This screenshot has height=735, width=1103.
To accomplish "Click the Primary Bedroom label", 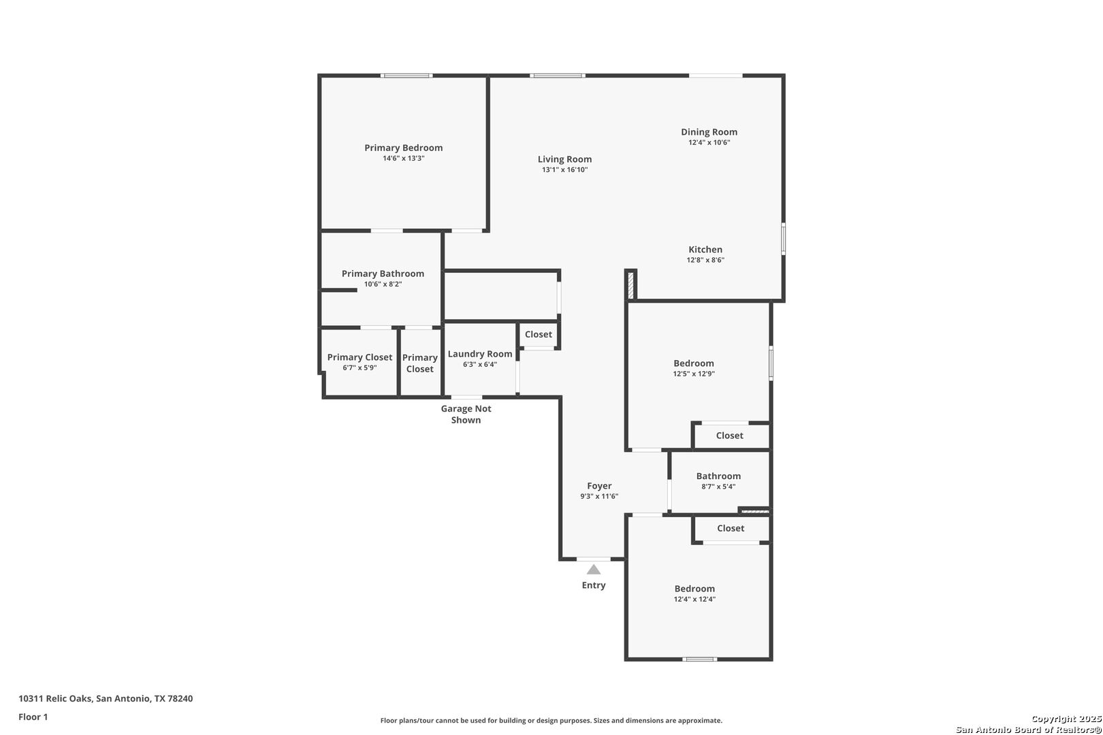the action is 403,148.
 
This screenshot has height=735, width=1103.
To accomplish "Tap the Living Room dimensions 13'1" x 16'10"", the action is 565,170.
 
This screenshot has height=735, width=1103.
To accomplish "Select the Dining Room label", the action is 709,132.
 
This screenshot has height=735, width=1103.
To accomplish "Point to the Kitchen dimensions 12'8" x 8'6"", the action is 705,260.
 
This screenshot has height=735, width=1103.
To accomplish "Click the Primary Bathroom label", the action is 383,274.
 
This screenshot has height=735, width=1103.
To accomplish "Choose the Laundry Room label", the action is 479,354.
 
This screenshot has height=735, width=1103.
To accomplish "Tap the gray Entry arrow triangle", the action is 593,570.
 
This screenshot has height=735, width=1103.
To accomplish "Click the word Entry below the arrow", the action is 593,585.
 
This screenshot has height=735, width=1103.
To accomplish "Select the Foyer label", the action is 599,486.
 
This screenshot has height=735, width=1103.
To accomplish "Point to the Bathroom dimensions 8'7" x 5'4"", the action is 718,487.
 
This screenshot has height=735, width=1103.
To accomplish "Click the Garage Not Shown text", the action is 466,414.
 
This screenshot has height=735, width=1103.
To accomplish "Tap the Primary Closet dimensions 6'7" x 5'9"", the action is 359,367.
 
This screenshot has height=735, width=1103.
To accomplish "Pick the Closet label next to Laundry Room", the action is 538,334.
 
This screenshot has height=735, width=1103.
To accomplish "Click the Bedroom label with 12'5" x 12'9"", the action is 694,363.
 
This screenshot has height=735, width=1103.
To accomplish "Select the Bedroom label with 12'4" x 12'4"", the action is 694,589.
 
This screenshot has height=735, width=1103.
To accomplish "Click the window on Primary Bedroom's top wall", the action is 406,76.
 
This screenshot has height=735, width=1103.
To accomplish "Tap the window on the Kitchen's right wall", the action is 784,239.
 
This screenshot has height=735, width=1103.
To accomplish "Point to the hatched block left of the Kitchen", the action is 630,285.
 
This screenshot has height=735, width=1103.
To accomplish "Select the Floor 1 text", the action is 33,717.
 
